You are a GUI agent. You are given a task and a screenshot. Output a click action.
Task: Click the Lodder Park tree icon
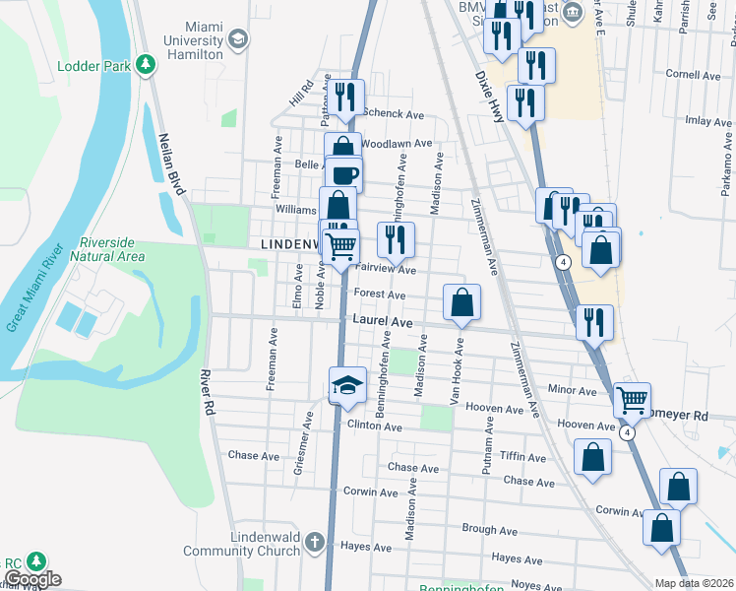pyautogui.click(x=146, y=66)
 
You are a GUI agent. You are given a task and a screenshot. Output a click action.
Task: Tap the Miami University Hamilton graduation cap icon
pyautogui.click(x=237, y=39)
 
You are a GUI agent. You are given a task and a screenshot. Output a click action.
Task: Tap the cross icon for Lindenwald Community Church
pyautogui.click(x=314, y=541)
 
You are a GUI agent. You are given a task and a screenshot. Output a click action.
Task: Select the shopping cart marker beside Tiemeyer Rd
pyautogui.click(x=632, y=400)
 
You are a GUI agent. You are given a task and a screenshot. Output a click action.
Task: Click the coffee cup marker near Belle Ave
pyautogui.click(x=343, y=174)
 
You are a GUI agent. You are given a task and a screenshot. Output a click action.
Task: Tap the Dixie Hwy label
pyautogui.click(x=490, y=96)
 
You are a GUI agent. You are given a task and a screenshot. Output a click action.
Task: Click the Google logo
pyautogui.click(x=32, y=579)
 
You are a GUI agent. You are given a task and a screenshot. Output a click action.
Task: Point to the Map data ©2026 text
pyautogui.click(x=694, y=583)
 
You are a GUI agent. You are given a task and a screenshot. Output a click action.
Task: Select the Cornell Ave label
pyautogui.click(x=693, y=75)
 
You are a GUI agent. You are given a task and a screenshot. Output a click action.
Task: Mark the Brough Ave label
pyautogui.click(x=489, y=530)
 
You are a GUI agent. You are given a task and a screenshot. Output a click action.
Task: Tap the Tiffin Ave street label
pyautogui.click(x=522, y=458)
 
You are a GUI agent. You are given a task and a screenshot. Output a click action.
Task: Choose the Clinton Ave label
pyautogui.click(x=375, y=427)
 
